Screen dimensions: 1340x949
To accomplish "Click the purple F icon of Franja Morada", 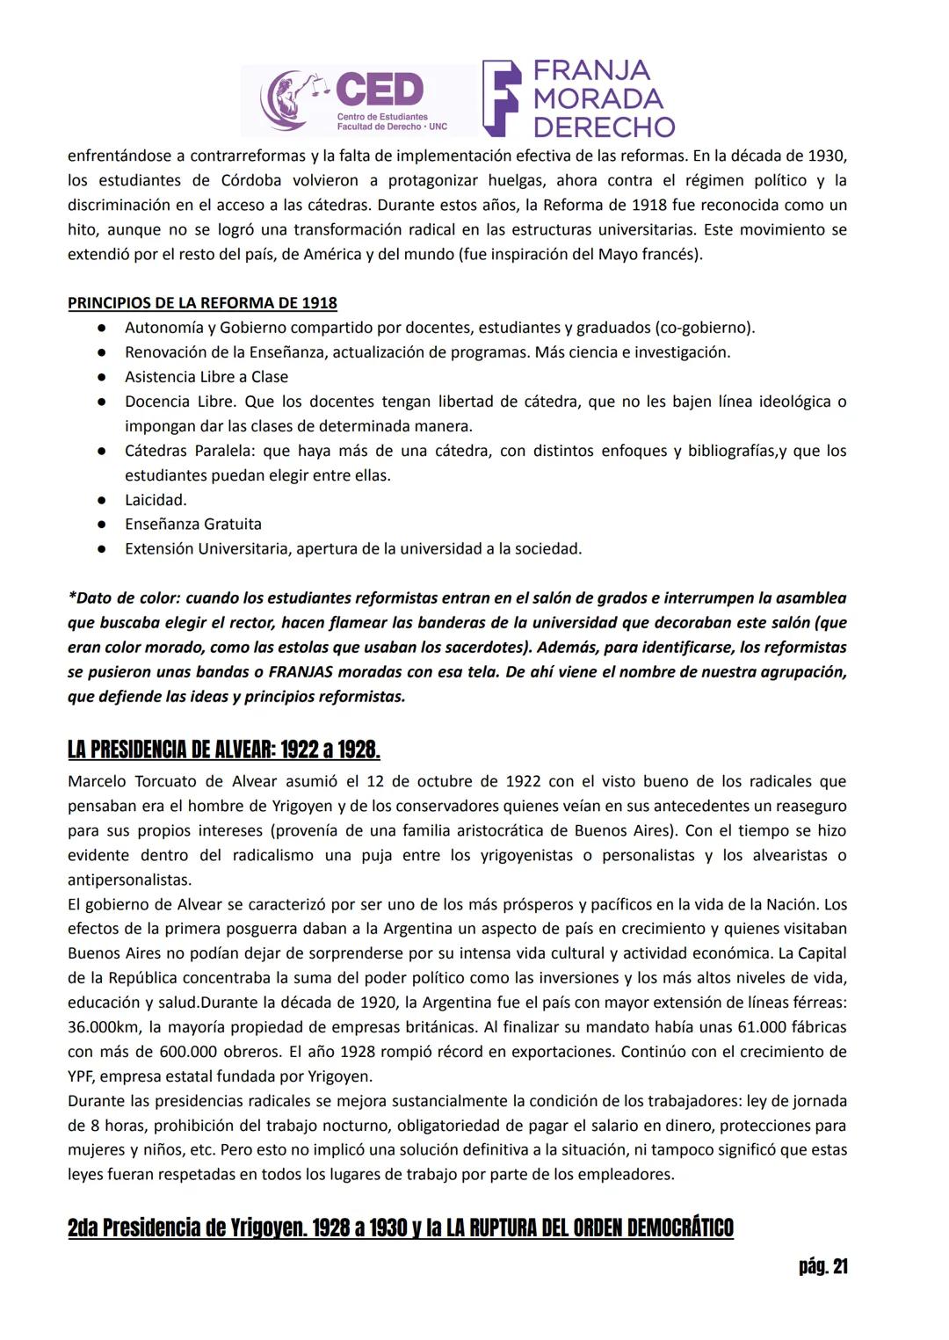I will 502,98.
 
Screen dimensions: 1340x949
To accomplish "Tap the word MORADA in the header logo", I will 598,98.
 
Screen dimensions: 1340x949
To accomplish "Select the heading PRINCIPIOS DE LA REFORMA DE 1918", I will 202,303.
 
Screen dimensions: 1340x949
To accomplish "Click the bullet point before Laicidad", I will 103,500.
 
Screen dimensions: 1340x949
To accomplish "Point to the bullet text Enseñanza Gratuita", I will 193,525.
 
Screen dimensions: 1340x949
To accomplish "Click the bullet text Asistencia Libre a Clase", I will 206,377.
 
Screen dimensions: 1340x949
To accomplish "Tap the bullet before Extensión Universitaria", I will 103,549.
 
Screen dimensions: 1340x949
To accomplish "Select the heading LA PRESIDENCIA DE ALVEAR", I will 223,750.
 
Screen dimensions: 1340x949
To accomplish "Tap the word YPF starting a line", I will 81,1076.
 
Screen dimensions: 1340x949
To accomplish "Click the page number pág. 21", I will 822,1266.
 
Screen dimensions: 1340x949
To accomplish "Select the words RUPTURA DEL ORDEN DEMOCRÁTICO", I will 590,1228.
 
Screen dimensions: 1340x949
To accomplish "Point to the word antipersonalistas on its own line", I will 129,880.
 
